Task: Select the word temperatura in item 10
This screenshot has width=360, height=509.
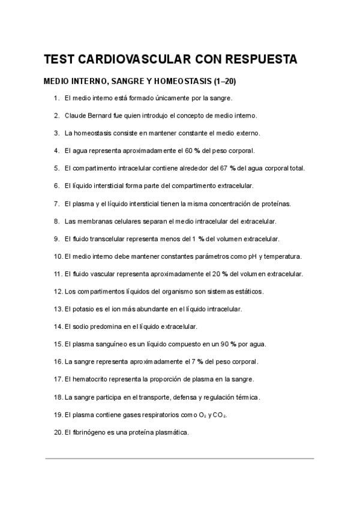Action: pyautogui.click(x=280, y=256)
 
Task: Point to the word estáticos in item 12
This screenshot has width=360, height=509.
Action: pyautogui.click(x=247, y=292)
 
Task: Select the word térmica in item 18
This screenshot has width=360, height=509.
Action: pyautogui.click(x=246, y=397)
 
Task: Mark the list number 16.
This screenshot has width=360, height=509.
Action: pyautogui.click(x=58, y=362)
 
